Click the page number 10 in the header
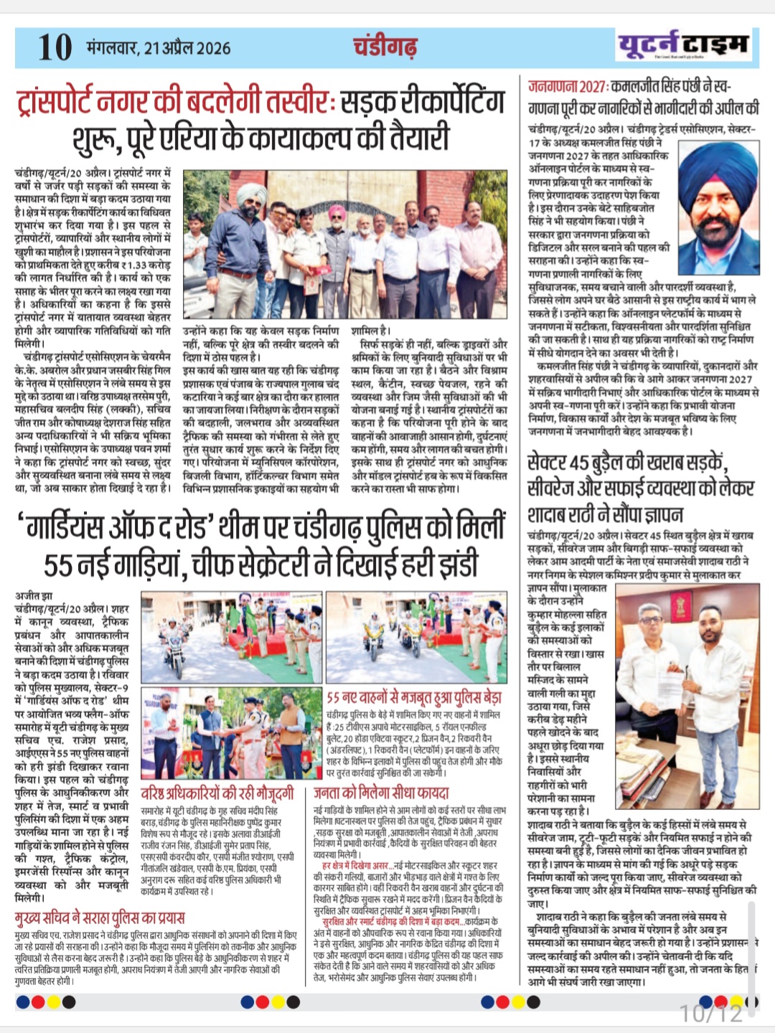tap(55, 47)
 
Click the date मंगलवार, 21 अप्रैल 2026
tap(159, 48)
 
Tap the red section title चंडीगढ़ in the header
tap(385, 47)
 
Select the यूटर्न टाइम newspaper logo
tap(683, 45)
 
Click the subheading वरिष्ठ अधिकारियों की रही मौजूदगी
tap(217, 793)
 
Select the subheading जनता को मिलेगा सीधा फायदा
tap(381, 793)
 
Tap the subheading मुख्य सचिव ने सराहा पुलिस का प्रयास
tap(100, 918)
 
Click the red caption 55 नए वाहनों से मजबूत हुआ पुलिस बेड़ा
tap(414, 697)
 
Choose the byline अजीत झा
tap(34, 595)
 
